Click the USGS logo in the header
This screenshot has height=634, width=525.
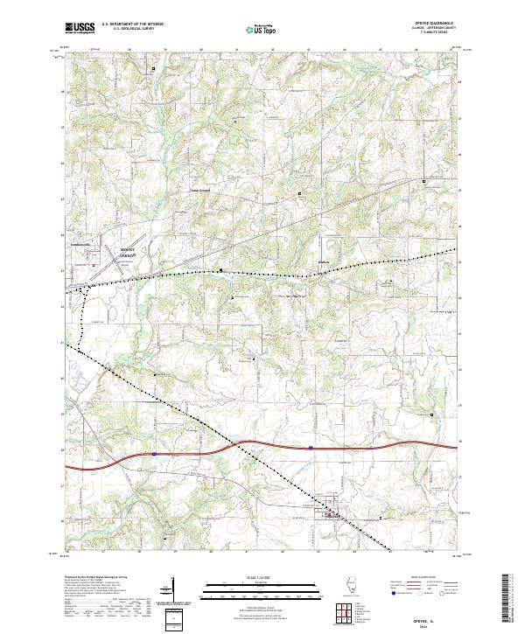pyautogui.click(x=80, y=28)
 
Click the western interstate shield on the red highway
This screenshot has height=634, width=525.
pyautogui.click(x=153, y=453)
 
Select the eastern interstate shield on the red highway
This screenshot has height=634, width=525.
pyautogui.click(x=310, y=447)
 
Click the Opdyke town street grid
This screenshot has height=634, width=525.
pyautogui.click(x=332, y=515)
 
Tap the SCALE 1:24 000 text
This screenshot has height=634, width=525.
pyautogui.click(x=248, y=578)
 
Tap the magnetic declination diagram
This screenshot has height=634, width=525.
pyautogui.click(x=173, y=591)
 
